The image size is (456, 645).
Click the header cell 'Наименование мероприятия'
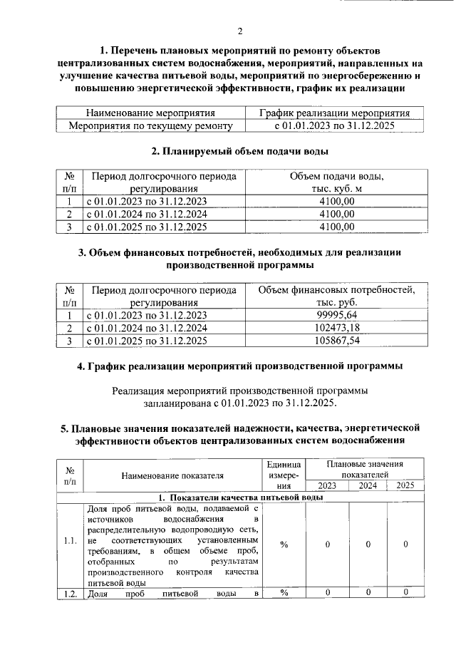[x=150, y=113]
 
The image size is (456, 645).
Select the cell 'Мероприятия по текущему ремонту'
[x=150, y=125]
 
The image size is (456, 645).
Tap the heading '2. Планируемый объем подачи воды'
[x=240, y=151]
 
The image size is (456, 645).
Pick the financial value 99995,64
[x=337, y=315]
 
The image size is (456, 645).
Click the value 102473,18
[x=337, y=328]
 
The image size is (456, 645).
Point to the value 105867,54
[x=337, y=341]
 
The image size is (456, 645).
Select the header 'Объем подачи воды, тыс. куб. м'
[x=337, y=182]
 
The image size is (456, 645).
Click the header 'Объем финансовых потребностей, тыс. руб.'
[x=337, y=296]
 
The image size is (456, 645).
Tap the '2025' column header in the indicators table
[x=405, y=485]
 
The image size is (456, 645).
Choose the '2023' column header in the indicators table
[x=327, y=485]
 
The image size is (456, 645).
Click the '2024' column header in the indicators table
[x=368, y=485]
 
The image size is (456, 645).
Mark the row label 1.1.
[x=70, y=545]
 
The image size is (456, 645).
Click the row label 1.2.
[x=70, y=592]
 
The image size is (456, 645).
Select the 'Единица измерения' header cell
[x=284, y=474]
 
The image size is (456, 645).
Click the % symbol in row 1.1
[x=284, y=545]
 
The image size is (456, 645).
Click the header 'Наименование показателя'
[x=172, y=475]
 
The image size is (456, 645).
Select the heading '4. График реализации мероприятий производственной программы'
[x=240, y=366]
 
